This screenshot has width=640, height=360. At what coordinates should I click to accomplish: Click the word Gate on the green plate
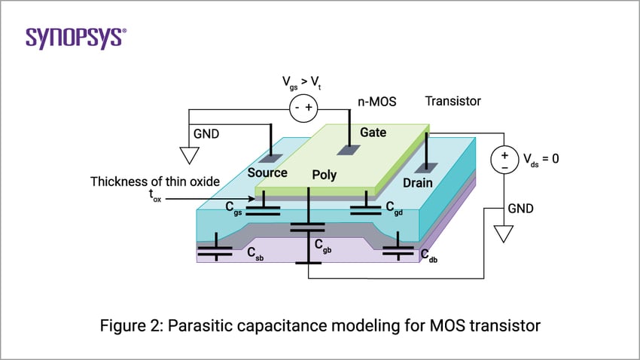pyautogui.click(x=373, y=133)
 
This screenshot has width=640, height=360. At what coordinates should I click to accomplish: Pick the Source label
pyautogui.click(x=267, y=173)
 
